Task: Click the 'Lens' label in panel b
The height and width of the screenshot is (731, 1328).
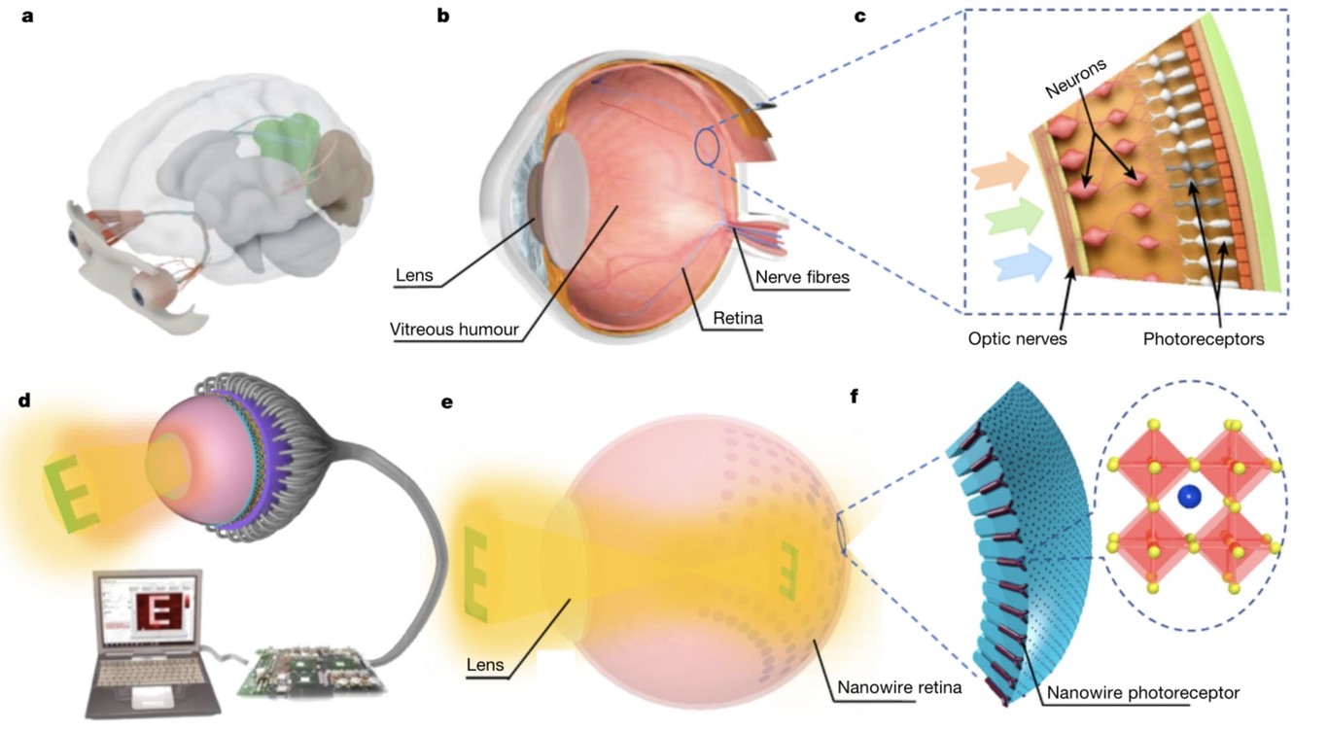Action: (x=413, y=276)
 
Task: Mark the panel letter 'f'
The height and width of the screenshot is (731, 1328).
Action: (x=856, y=397)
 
